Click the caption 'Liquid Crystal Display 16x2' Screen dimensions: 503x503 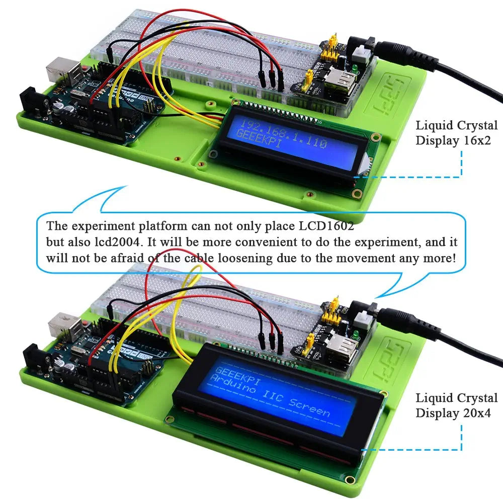click(x=456, y=133)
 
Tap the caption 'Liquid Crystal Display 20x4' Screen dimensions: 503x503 click(x=456, y=405)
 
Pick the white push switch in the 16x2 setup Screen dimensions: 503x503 click(x=362, y=50)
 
